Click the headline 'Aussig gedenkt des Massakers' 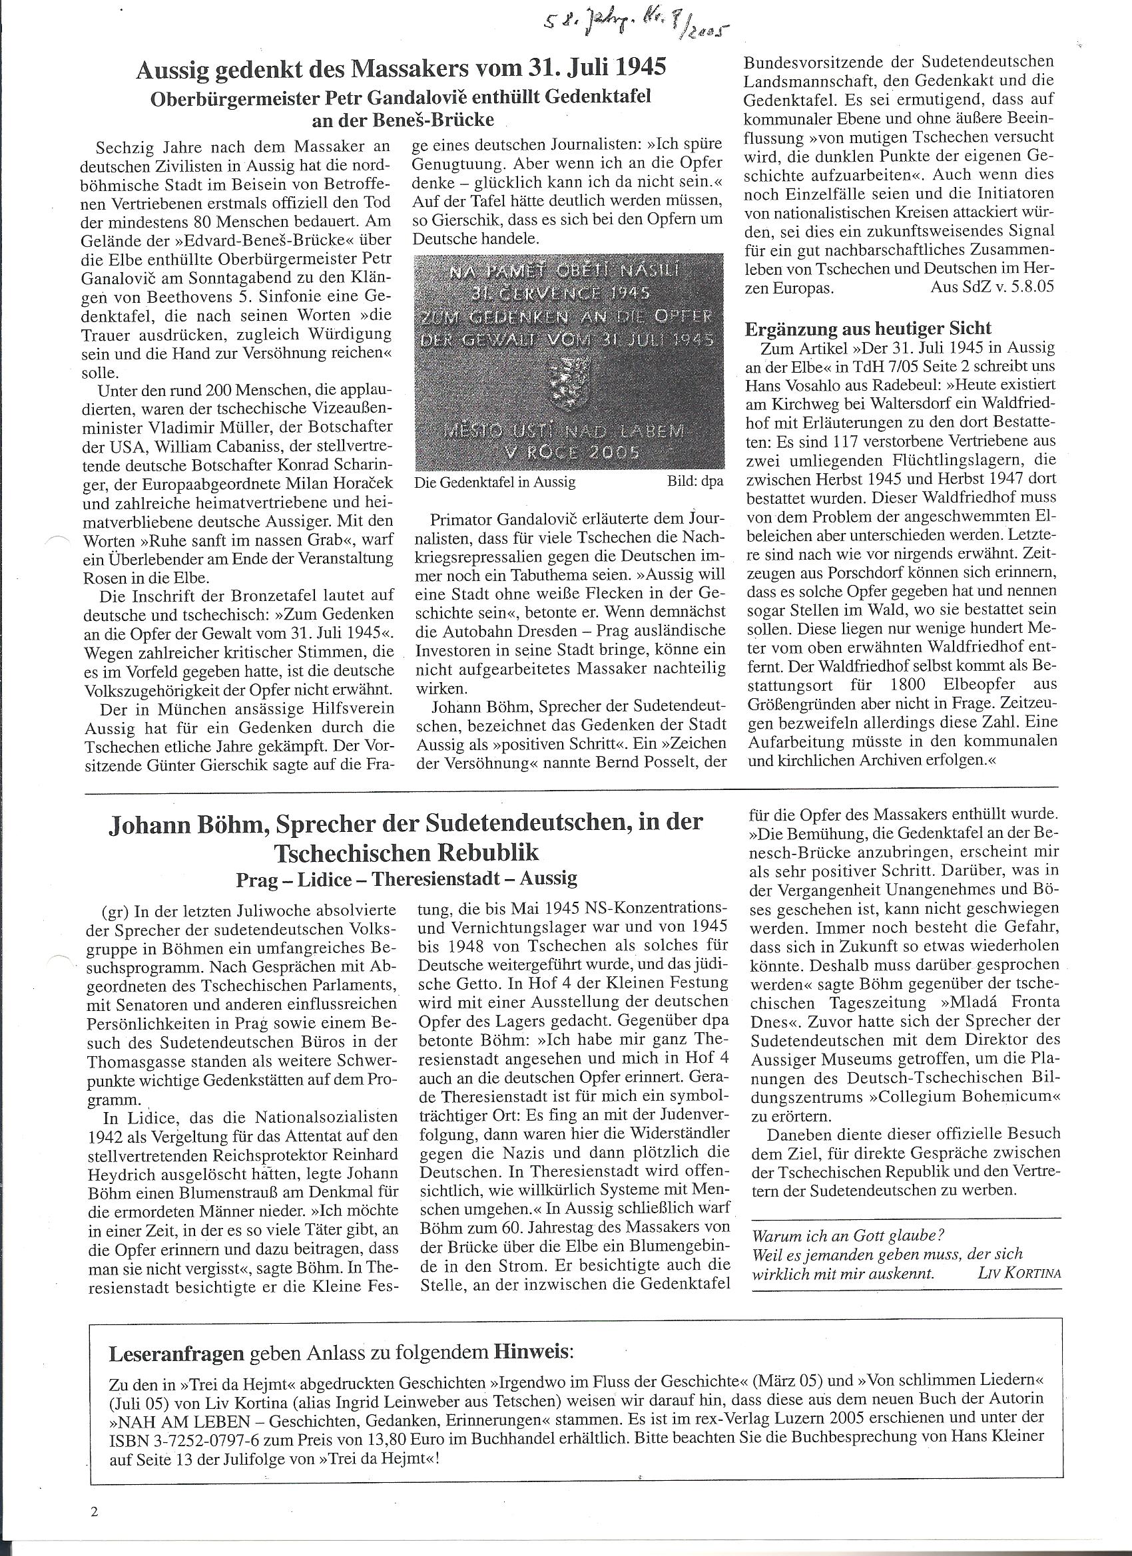pyautogui.click(x=402, y=69)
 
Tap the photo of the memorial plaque pyautogui.click(x=569, y=360)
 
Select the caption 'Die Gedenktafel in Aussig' pyautogui.click(x=495, y=482)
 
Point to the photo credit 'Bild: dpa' pyautogui.click(x=695, y=482)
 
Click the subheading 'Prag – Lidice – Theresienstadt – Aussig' pyautogui.click(x=406, y=878)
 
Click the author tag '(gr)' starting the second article pyautogui.click(x=113, y=911)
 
